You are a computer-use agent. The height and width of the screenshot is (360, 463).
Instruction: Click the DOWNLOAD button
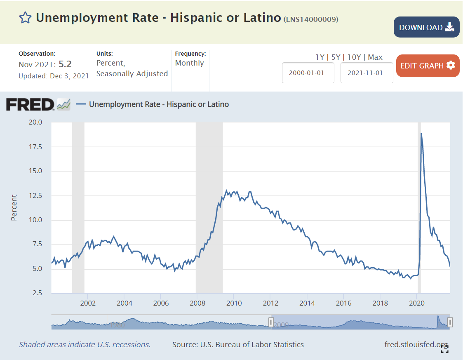pyautogui.click(x=426, y=27)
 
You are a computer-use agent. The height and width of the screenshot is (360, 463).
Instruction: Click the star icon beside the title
pyautogui.click(x=25, y=18)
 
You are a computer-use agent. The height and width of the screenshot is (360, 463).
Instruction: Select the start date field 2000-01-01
pyautogui.click(x=308, y=73)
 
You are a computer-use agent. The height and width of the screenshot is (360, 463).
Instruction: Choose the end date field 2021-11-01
pyautogui.click(x=367, y=73)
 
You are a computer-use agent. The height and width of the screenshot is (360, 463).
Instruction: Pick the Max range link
pyautogui.click(x=375, y=57)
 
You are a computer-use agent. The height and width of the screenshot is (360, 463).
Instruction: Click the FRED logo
pyautogui.click(x=30, y=104)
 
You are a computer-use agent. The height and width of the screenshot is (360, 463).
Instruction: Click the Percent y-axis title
pyautogui.click(x=14, y=207)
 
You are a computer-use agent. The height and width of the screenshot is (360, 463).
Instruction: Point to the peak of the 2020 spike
pyautogui.click(x=421, y=134)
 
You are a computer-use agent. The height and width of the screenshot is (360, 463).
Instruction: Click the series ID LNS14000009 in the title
pyautogui.click(x=311, y=19)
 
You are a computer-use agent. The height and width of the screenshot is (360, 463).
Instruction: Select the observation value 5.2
pyautogui.click(x=65, y=64)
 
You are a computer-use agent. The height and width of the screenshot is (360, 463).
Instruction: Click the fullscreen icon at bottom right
pyautogui.click(x=444, y=349)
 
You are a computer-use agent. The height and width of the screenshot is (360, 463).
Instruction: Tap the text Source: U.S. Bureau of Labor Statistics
pyautogui.click(x=238, y=345)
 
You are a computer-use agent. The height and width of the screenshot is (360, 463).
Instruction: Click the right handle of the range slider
pyautogui.click(x=450, y=322)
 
